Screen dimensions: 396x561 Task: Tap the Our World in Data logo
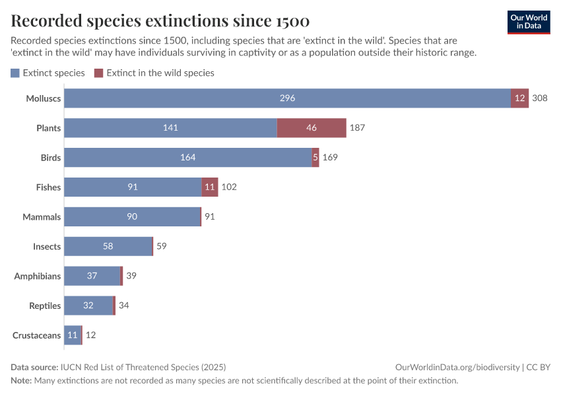click(529, 22)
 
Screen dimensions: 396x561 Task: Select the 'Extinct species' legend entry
click(48, 73)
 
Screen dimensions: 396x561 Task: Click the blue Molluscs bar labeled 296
click(287, 98)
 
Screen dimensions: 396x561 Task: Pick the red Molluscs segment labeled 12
click(519, 98)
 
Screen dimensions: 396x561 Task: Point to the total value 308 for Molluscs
click(540, 98)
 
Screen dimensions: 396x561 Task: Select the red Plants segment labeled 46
click(312, 128)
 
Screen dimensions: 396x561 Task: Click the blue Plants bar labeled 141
click(170, 128)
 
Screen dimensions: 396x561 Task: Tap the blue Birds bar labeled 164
click(187, 158)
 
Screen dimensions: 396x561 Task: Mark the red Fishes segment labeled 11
click(210, 187)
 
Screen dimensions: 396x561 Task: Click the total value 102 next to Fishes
click(228, 187)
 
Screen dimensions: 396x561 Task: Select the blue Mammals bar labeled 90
click(132, 217)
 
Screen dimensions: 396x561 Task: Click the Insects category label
click(47, 247)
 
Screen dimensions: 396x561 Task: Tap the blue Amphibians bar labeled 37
click(92, 277)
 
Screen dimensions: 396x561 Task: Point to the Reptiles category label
click(45, 306)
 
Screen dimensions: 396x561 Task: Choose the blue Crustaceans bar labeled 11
click(72, 335)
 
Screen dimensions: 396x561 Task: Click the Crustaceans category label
click(37, 335)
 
